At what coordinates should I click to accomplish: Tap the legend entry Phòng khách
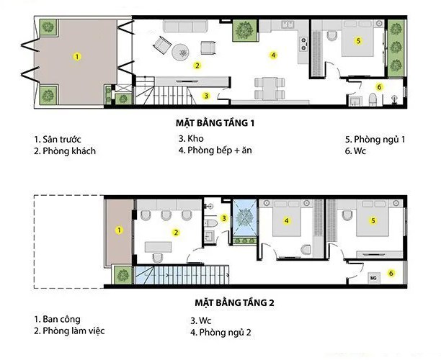(64, 151)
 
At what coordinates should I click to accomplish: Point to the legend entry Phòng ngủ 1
(375, 139)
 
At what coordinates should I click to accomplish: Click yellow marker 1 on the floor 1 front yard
(77, 55)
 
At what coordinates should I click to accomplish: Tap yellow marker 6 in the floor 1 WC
(379, 87)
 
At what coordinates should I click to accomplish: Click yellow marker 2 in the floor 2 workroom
(175, 232)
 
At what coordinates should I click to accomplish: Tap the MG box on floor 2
(373, 276)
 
